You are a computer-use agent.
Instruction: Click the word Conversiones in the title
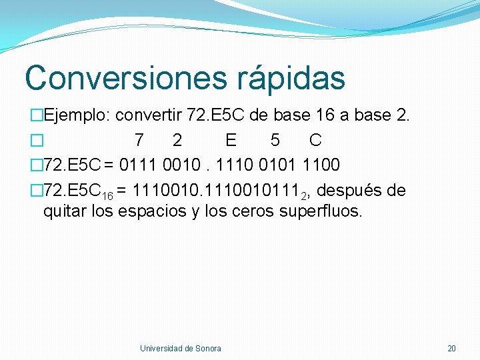tap(127, 77)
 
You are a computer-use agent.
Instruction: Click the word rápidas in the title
tap(291, 77)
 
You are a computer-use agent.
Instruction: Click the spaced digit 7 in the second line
tap(138, 140)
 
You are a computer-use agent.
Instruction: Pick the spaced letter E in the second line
tap(231, 140)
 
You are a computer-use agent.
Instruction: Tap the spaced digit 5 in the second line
tap(275, 140)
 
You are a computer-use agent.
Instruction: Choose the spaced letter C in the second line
tap(315, 140)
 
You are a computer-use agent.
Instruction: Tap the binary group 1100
tap(321, 165)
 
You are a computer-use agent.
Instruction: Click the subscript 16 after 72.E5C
tap(107, 195)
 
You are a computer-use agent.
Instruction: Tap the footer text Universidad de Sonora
tap(180, 348)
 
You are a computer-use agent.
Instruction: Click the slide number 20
tap(451, 348)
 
